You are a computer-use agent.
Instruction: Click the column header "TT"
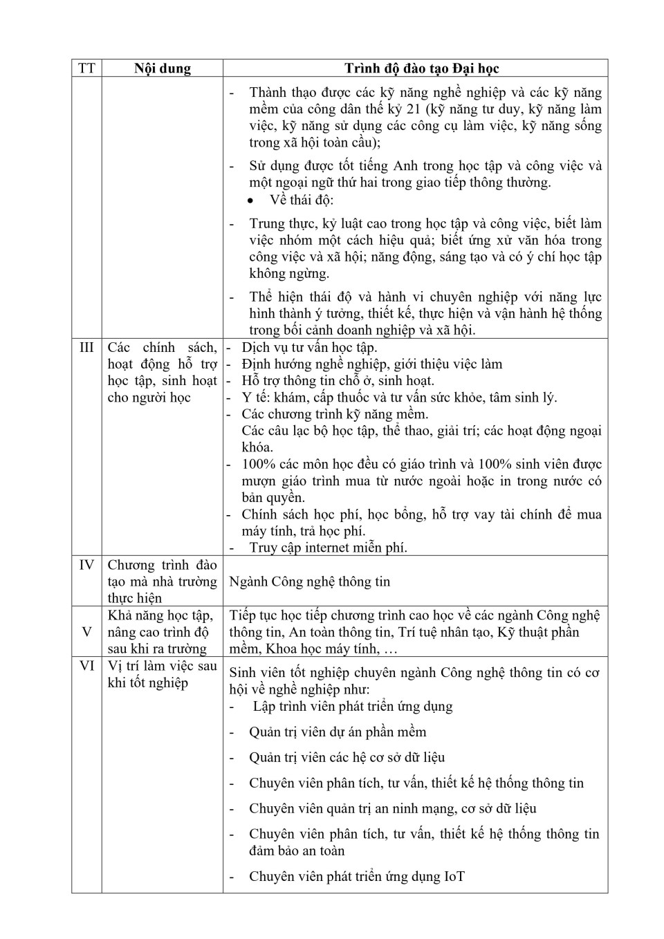[x=86, y=68]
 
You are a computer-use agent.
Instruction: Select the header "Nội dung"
[x=162, y=68]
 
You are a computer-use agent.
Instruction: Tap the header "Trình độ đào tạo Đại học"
[x=421, y=68]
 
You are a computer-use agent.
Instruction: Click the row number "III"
[x=86, y=347]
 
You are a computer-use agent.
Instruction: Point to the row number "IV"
[x=86, y=565]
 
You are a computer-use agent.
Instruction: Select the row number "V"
[x=86, y=632]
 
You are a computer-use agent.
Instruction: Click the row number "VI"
[x=86, y=666]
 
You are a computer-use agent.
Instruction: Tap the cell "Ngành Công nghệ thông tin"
[x=309, y=582]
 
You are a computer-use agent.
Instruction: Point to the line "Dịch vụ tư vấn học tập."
[x=309, y=347]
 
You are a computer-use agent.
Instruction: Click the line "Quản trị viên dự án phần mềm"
[x=338, y=732]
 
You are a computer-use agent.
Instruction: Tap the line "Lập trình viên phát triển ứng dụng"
[x=352, y=706]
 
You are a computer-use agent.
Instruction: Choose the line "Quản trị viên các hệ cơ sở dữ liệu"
[x=347, y=757]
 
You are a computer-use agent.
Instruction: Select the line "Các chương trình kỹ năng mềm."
[x=335, y=414]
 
